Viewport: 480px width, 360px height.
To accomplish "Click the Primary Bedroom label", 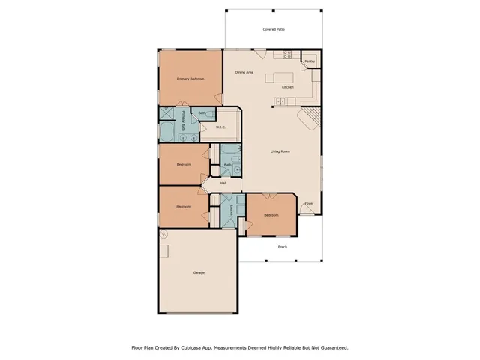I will [x=190, y=79].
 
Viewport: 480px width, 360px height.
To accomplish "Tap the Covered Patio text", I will [x=273, y=29].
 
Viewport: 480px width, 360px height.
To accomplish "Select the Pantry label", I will [x=310, y=61].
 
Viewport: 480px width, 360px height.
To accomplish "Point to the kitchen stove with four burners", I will [x=287, y=54].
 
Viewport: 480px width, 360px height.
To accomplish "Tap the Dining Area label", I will [x=244, y=72].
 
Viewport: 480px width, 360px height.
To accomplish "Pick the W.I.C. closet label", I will [x=221, y=127].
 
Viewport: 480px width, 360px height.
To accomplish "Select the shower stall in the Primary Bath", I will [x=166, y=114].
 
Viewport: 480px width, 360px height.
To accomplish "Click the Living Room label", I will [x=280, y=152].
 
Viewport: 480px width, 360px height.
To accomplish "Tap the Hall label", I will [x=223, y=183].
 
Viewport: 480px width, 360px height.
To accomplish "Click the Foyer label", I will [x=308, y=203].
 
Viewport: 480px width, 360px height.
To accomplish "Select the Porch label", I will [x=283, y=247].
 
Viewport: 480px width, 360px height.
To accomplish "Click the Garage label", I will [x=199, y=272].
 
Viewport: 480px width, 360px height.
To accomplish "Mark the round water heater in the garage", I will [x=166, y=234].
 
